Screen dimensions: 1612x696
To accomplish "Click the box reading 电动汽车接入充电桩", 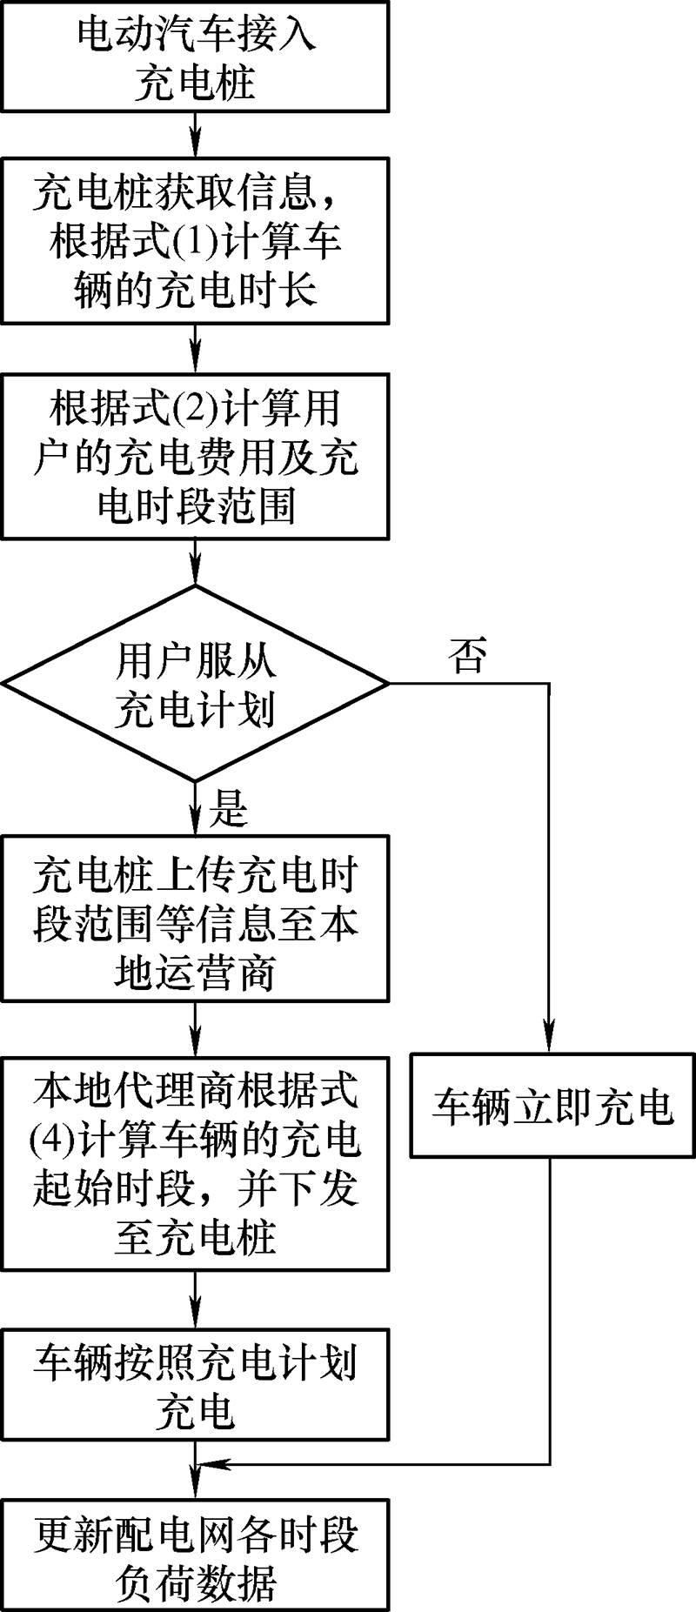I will pyautogui.click(x=195, y=57).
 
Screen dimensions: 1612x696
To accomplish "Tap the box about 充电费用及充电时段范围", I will pyautogui.click(x=195, y=457).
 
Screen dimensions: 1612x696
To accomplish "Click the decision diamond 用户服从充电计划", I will pyautogui.click(x=195, y=684).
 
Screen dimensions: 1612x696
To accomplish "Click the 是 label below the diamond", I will pyautogui.click(x=228, y=809).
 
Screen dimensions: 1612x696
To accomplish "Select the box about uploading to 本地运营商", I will pyautogui.click(x=195, y=919).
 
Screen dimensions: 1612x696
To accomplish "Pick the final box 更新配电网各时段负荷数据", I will pyautogui.click(x=195, y=1557).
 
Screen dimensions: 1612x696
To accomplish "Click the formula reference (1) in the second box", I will pyautogui.click(x=194, y=242).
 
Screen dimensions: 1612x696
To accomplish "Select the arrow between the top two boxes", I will pyautogui.click(x=195, y=134).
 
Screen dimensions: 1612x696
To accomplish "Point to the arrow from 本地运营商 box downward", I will pyautogui.click(x=195, y=1030).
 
